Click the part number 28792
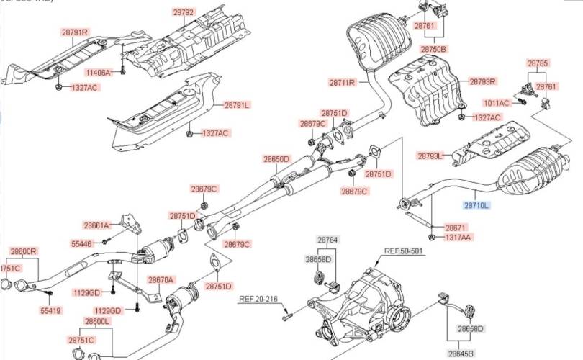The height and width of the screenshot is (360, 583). (184, 12)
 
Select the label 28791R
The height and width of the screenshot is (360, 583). (74, 32)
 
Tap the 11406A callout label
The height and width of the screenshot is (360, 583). (98, 73)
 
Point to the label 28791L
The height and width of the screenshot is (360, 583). (236, 104)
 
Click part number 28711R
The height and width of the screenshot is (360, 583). (343, 83)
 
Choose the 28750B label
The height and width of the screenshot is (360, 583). (433, 49)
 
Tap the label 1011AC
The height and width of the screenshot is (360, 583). (496, 103)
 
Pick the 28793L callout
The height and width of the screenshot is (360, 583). (430, 155)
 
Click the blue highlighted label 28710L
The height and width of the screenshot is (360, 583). (476, 206)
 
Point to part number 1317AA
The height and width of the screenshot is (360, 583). (458, 237)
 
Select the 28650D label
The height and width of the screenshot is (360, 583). (276, 159)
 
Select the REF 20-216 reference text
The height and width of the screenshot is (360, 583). (257, 298)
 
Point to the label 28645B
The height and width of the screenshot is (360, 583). (461, 353)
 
